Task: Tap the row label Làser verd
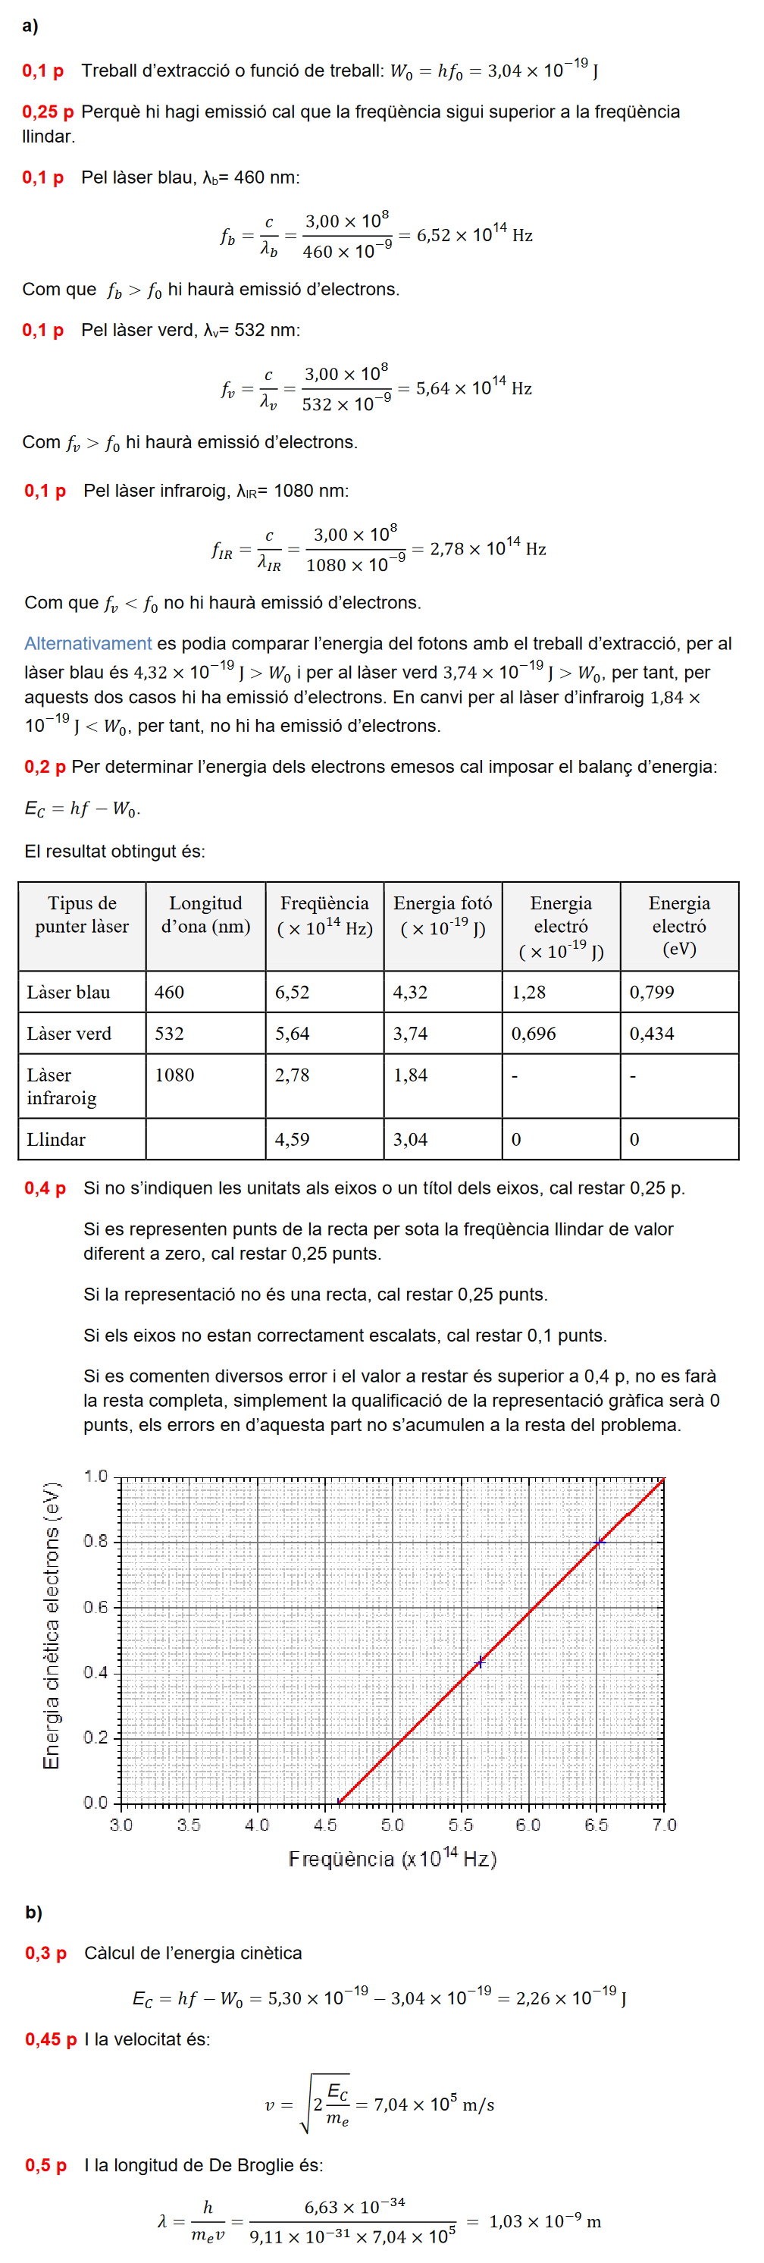tap(70, 1033)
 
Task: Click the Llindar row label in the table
tap(56, 1139)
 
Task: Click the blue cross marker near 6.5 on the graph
tap(599, 1543)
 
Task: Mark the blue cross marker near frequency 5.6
tap(480, 1662)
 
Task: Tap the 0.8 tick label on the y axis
tap(95, 1541)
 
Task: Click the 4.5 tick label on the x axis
tap(325, 1825)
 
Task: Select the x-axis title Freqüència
tap(392, 1859)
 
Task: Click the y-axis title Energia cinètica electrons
tap(52, 1625)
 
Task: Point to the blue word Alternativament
tap(88, 643)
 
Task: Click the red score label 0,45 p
tap(50, 2039)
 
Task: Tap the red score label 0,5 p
tap(45, 2164)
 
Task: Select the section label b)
tap(33, 1912)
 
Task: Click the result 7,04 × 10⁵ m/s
tap(434, 2104)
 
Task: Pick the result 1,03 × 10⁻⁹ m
tap(544, 2221)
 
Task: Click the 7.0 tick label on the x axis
tap(664, 1825)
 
